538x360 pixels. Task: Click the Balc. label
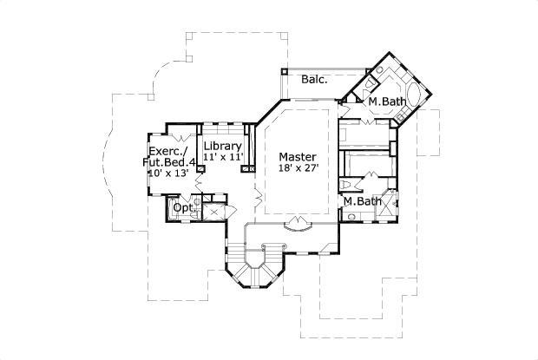click(314, 80)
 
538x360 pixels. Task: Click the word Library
click(221, 146)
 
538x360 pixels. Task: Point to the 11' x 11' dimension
click(222, 157)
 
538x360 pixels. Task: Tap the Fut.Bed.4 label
click(170, 162)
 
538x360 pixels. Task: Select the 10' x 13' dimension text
click(169, 173)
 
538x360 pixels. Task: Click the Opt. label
click(183, 208)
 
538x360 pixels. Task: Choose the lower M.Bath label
click(361, 202)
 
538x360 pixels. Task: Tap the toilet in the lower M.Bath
click(349, 186)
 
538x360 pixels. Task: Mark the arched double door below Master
click(298, 224)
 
